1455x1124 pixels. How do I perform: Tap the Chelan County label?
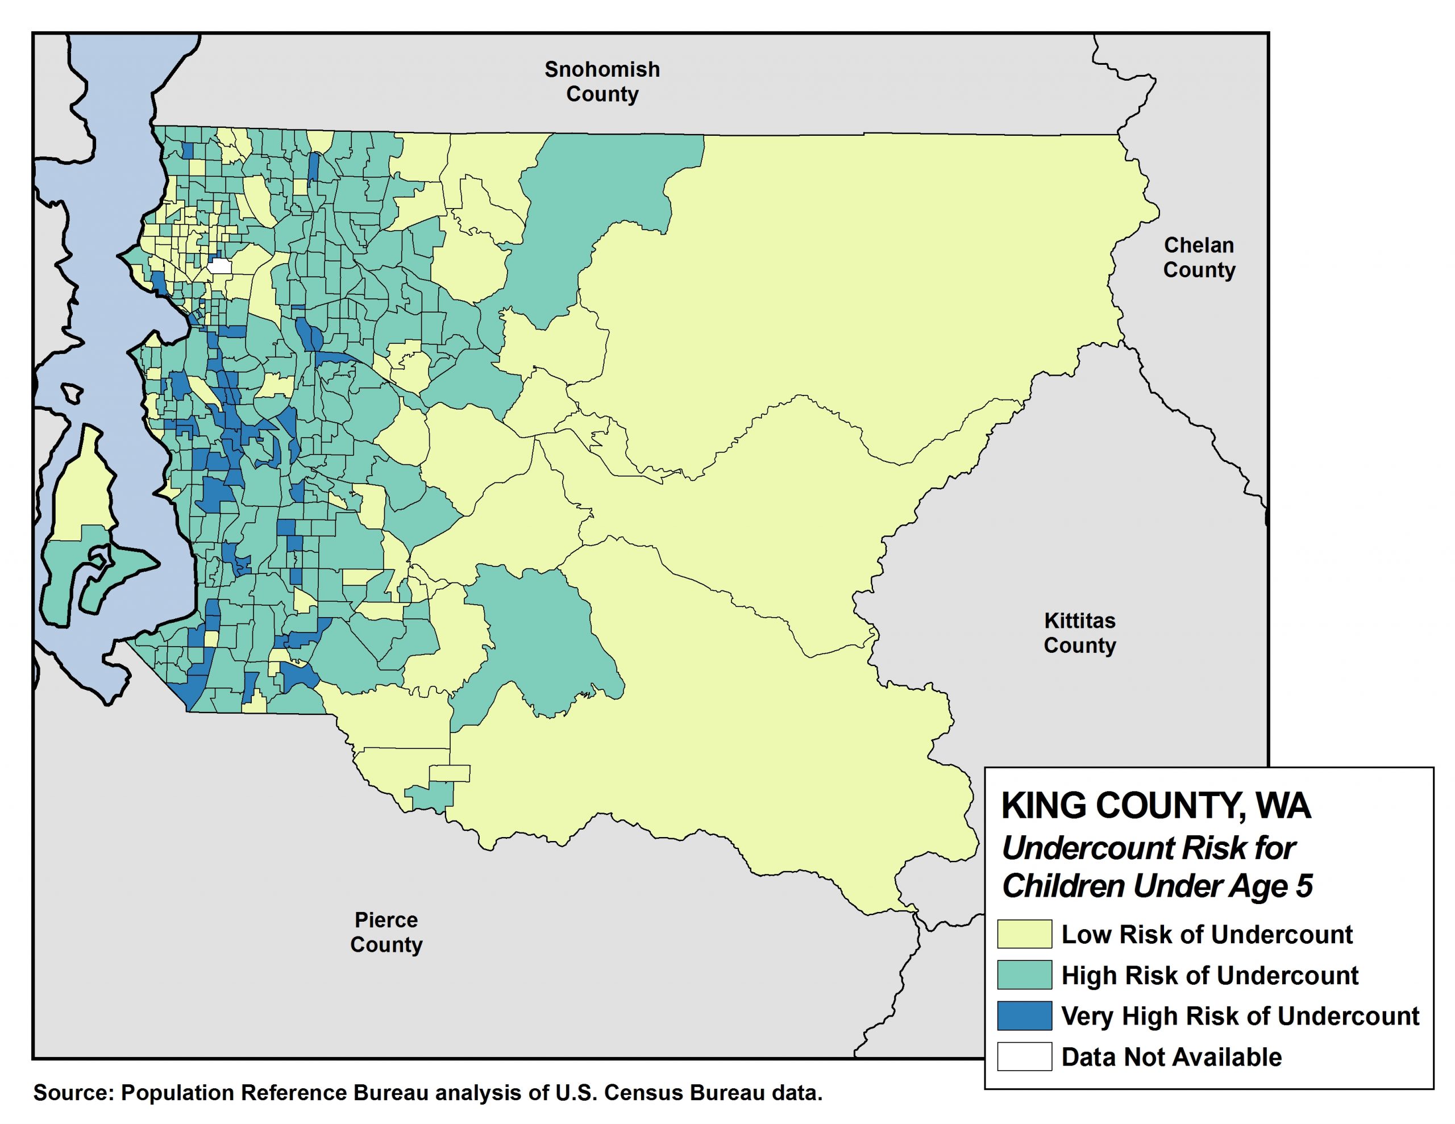click(x=1199, y=257)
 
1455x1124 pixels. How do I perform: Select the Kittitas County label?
click(x=1079, y=632)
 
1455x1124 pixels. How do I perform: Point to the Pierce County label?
click(x=386, y=931)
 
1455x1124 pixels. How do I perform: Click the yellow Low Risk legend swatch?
click(x=1024, y=934)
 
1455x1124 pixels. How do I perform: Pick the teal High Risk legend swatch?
click(x=1024, y=974)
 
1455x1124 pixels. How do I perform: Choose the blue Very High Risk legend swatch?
click(x=1024, y=1015)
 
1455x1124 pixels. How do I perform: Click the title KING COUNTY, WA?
click(x=1156, y=806)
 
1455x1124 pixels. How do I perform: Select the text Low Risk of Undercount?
click(x=1207, y=934)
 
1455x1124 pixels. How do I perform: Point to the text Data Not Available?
click(x=1171, y=1057)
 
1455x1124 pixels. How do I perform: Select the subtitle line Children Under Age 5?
click(x=1157, y=886)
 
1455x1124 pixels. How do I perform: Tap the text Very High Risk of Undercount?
click(x=1240, y=1016)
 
